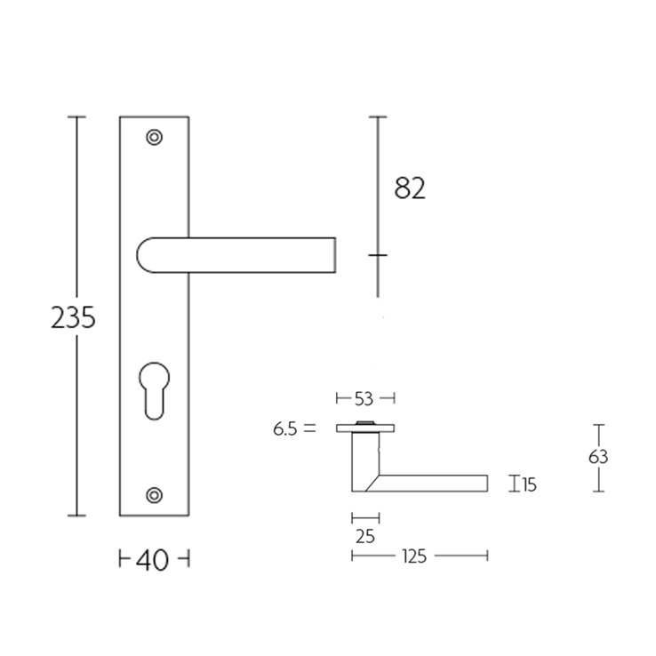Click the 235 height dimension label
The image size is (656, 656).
tap(73, 317)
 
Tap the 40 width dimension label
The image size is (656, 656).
tap(152, 560)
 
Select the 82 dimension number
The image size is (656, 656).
tap(410, 188)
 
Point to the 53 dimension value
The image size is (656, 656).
tap(364, 399)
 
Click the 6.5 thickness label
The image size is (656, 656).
tap(285, 429)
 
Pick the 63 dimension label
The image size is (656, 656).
tap(598, 457)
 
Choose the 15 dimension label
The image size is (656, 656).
tap(529, 484)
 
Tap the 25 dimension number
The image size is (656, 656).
tap(365, 537)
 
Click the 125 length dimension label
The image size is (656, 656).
tap(414, 556)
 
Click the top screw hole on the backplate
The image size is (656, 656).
tap(155, 137)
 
